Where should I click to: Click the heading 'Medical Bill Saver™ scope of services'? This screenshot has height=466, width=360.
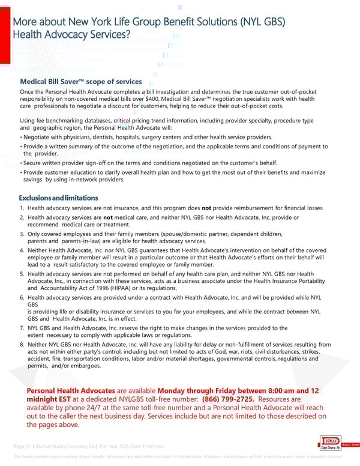(81, 82)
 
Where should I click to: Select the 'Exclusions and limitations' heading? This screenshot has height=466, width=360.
(58, 198)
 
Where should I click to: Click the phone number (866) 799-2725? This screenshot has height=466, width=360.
(227, 399)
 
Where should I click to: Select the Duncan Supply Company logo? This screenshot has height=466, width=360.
(329, 444)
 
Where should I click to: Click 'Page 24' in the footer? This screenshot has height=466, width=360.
(22, 445)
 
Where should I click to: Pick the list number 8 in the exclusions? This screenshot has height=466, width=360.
(22, 344)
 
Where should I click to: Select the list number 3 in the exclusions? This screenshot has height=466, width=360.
(22, 234)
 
